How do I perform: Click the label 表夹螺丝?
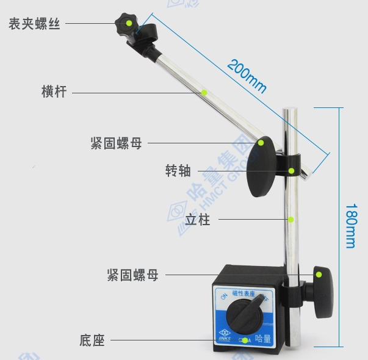click(x=34, y=24)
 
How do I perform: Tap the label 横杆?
click(x=54, y=92)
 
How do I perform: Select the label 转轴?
click(x=178, y=171)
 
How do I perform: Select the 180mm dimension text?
click(x=350, y=225)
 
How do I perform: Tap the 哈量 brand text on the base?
click(x=262, y=339)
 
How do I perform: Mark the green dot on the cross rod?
click(x=204, y=92)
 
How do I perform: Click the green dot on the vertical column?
click(x=291, y=219)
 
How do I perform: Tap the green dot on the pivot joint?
click(x=292, y=171)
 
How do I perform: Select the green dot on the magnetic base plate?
click(x=245, y=340)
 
